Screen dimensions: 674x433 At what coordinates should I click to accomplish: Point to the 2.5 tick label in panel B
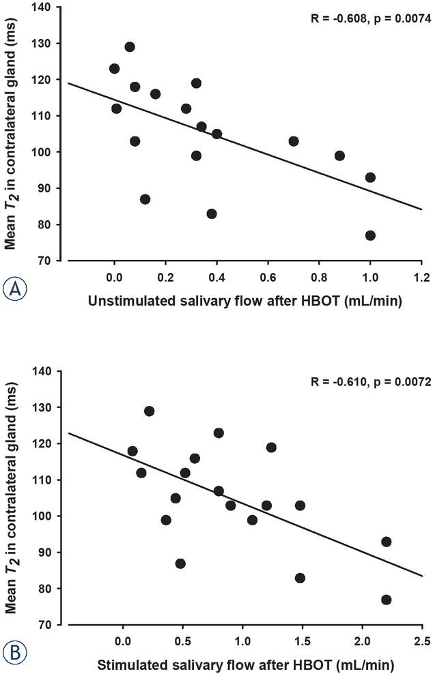point(421,641)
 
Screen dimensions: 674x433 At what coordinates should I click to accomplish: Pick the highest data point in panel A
point(130,47)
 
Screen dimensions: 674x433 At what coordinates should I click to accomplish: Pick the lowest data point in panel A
point(370,235)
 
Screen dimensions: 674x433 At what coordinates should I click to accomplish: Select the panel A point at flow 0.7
point(294,141)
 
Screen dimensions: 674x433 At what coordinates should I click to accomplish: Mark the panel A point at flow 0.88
point(339,156)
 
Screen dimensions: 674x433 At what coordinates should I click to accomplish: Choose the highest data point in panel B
point(149,411)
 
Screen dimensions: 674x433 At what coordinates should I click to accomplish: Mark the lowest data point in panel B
point(386,600)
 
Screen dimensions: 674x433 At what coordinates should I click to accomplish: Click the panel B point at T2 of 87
point(180,563)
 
